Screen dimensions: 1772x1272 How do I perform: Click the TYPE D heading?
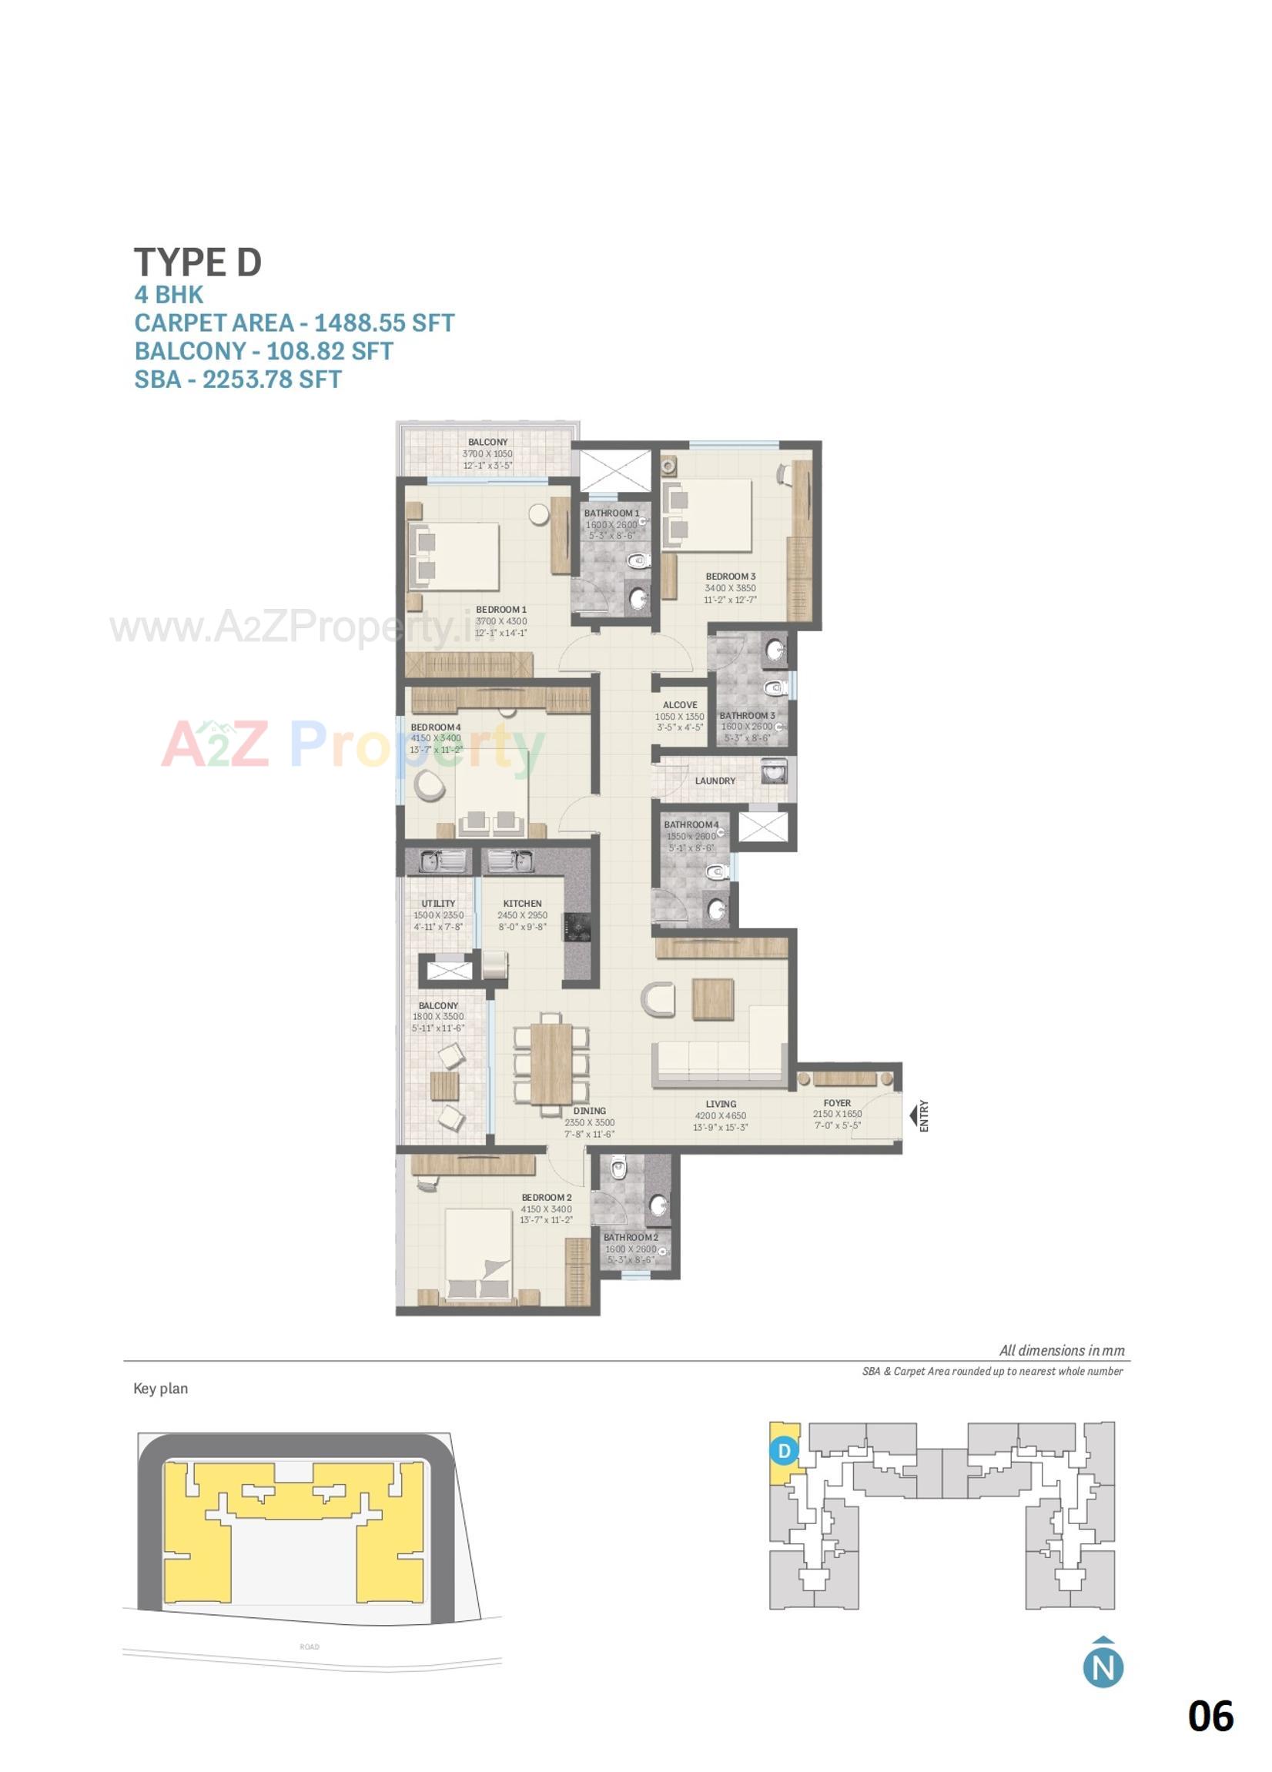(197, 262)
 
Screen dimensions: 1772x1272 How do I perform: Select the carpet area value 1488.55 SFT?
(383, 323)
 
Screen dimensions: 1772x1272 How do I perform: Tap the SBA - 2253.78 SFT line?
(237, 379)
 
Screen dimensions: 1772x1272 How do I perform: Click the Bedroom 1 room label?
(500, 610)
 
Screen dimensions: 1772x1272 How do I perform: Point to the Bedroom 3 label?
(730, 577)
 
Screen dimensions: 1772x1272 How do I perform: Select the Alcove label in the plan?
(679, 705)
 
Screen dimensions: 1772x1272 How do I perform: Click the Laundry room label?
(714, 781)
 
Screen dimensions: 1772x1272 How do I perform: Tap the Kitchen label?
(522, 903)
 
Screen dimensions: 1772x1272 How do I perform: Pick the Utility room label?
(437, 903)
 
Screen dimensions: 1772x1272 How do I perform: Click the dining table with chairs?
(551, 1062)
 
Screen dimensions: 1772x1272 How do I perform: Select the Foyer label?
(836, 1103)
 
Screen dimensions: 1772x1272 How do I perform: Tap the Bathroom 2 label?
(630, 1238)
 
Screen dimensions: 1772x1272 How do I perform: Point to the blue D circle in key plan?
(784, 1451)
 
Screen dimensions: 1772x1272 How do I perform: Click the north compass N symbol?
(1103, 1667)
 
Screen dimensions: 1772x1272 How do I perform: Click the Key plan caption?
(160, 1389)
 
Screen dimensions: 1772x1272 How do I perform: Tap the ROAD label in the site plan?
(310, 1647)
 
